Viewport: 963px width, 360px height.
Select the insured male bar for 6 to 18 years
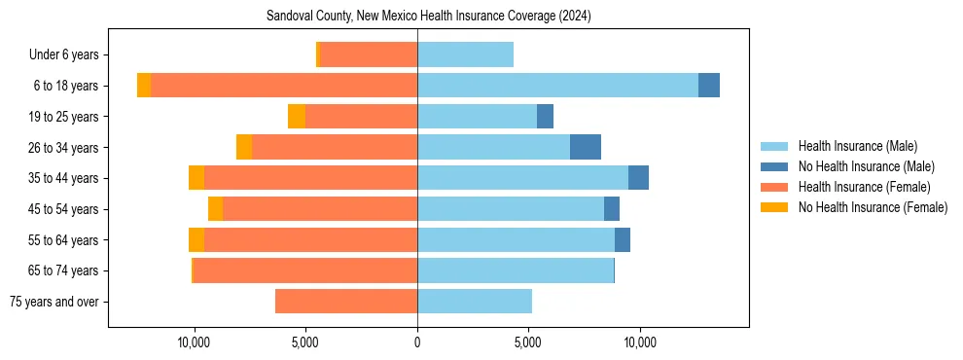pyautogui.click(x=557, y=86)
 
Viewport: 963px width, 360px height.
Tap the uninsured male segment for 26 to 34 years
pyautogui.click(x=586, y=147)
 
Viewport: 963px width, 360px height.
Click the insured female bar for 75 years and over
pyautogui.click(x=346, y=302)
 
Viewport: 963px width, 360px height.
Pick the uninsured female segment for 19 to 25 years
pyautogui.click(x=297, y=117)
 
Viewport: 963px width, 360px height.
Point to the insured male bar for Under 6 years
pyautogui.click(x=465, y=54)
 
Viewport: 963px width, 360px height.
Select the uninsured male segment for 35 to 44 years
pyautogui.click(x=638, y=178)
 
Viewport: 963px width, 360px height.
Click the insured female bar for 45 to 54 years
pyautogui.click(x=320, y=209)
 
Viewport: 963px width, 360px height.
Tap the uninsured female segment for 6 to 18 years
pyautogui.click(x=144, y=86)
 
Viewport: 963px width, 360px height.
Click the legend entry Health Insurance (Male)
pyautogui.click(x=857, y=146)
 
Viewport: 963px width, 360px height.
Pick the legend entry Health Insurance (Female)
pyautogui.click(x=863, y=187)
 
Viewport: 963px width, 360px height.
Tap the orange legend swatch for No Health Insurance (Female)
pyautogui.click(x=775, y=207)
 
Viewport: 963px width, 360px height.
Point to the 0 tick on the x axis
pyautogui.click(x=417, y=343)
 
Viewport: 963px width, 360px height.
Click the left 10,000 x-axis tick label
pyautogui.click(x=195, y=343)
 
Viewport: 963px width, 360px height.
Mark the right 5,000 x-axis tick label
pyautogui.click(x=528, y=343)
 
